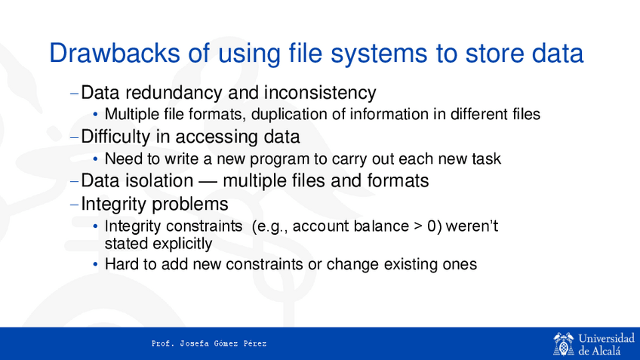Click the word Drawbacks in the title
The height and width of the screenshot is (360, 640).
pyautogui.click(x=114, y=53)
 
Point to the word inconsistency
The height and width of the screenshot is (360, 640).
pyautogui.click(x=320, y=93)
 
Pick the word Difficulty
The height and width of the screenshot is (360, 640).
pyautogui.click(x=115, y=137)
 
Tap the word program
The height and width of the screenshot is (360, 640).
pyautogui.click(x=279, y=159)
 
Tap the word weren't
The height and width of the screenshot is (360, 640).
pyautogui.click(x=472, y=226)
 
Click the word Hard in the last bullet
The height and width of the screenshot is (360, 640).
pyautogui.click(x=122, y=264)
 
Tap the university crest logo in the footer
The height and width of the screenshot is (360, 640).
pyautogui.click(x=564, y=344)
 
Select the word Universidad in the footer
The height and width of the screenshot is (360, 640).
pyautogui.click(x=607, y=338)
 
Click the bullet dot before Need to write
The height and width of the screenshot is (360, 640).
pyautogui.click(x=96, y=159)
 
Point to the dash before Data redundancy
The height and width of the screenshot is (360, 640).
pyautogui.click(x=74, y=94)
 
